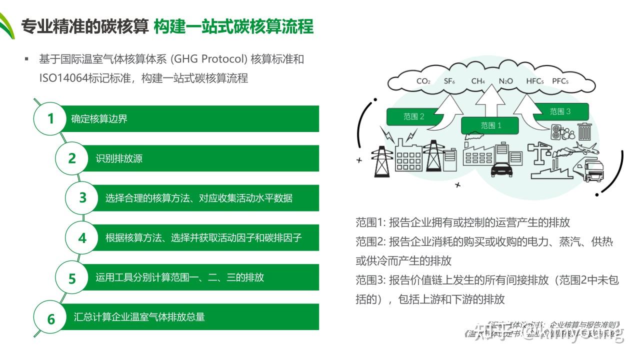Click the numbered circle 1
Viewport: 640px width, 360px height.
50,119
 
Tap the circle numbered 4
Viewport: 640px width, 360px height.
82,238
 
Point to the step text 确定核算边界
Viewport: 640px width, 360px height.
99,119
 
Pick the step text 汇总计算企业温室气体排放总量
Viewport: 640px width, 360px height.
139,317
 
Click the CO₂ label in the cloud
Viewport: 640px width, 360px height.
423,81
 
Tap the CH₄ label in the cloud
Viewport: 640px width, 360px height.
478,81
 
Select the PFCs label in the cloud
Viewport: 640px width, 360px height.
560,81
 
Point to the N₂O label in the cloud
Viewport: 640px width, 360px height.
505,81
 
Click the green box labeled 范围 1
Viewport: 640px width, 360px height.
491,125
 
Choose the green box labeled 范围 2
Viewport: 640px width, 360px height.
414,116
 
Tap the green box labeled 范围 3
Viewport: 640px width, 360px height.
560,111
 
